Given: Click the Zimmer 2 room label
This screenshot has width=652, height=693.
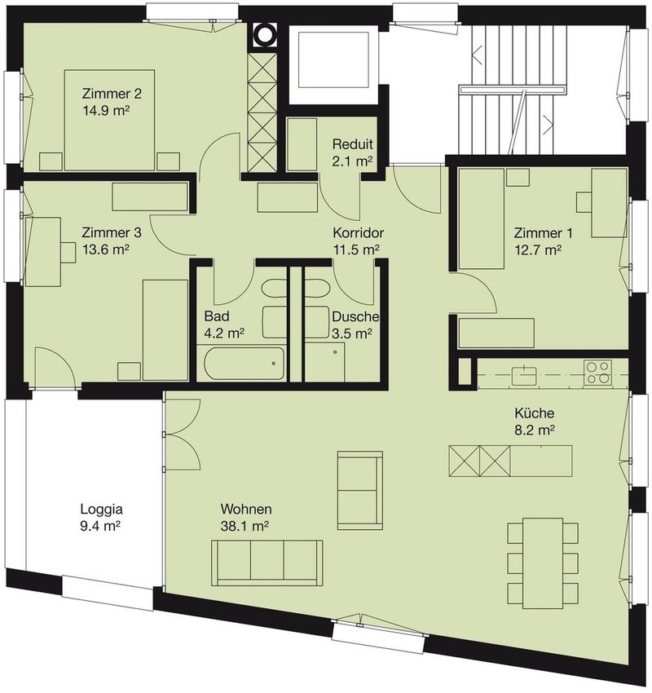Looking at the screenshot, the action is (112, 94).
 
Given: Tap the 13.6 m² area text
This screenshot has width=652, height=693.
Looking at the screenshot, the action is (106, 249).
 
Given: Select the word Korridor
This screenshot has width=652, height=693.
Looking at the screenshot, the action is (359, 232).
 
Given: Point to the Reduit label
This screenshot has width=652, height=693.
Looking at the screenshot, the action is (353, 144).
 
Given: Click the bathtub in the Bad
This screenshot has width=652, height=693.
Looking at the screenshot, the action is (244, 364).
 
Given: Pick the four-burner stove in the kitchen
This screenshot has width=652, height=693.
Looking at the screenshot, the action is (597, 372).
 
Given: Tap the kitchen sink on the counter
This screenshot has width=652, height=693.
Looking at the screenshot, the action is (524, 375).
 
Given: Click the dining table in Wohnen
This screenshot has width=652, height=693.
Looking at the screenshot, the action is (543, 563).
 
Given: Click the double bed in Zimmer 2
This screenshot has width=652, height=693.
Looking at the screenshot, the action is (109, 120).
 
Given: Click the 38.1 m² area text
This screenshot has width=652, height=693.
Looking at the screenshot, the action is (245, 526).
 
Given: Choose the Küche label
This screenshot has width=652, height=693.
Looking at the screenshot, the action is (534, 413).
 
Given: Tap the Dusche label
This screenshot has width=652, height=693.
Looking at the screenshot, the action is (355, 317).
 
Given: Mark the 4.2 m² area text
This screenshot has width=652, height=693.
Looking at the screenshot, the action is (224, 333).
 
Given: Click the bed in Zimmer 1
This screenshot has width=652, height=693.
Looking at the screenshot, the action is (482, 218).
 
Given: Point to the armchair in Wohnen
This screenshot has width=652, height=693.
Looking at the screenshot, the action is (360, 490).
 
